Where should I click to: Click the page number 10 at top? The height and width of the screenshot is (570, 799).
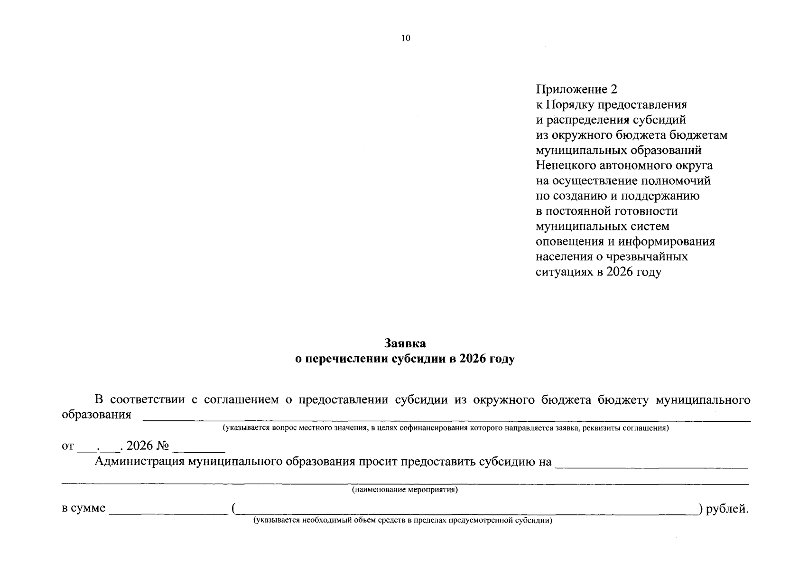pyautogui.click(x=405, y=38)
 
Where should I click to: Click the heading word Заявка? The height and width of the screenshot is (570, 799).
pyautogui.click(x=405, y=343)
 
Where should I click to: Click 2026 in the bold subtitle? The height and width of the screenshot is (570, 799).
pyautogui.click(x=475, y=359)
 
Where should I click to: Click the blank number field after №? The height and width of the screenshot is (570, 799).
pyautogui.click(x=199, y=449)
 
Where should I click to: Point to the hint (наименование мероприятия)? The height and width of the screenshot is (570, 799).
pyautogui.click(x=405, y=490)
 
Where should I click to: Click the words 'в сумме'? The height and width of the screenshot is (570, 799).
pyautogui.click(x=84, y=508)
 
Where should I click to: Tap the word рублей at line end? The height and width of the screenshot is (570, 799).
pyautogui.click(x=727, y=509)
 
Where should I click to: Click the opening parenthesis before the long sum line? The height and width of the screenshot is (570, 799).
pyautogui.click(x=234, y=509)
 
